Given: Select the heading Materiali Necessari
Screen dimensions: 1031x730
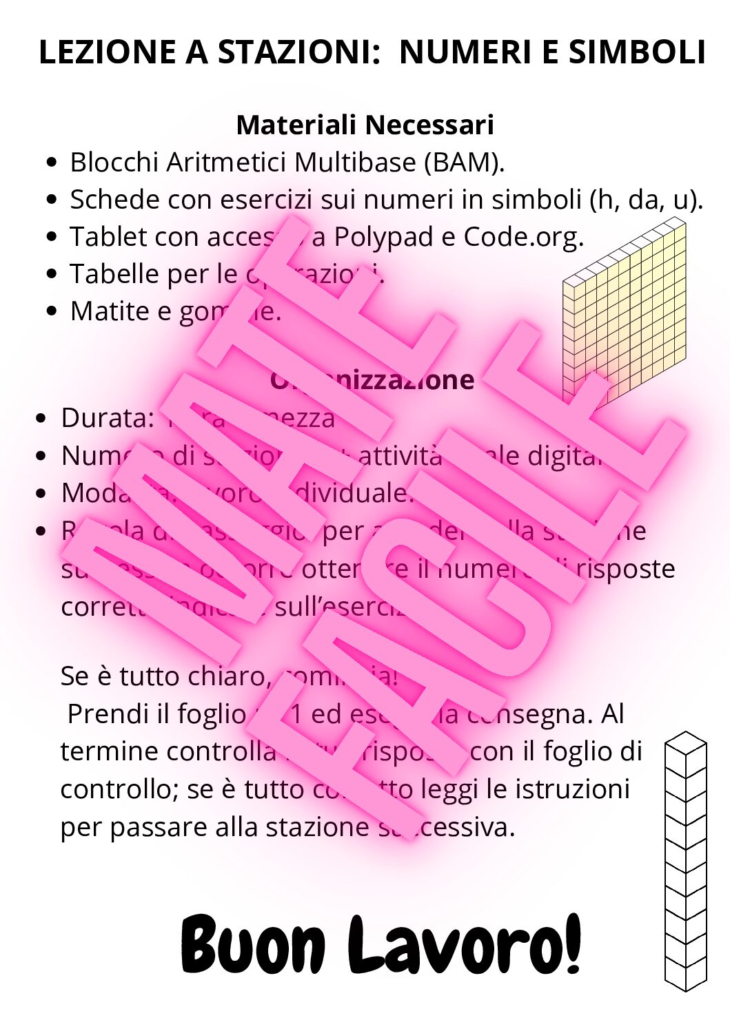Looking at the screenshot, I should (365, 125).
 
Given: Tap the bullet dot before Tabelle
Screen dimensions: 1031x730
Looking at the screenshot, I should (52, 274).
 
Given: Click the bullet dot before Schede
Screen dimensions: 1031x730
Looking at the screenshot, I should (52, 200).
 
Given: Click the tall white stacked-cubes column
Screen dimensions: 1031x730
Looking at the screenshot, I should (685, 861).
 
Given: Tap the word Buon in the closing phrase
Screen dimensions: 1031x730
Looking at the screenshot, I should (252, 945).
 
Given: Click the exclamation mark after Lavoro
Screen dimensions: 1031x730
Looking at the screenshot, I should (571, 942).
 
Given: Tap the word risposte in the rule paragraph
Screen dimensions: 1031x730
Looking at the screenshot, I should (625, 569).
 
